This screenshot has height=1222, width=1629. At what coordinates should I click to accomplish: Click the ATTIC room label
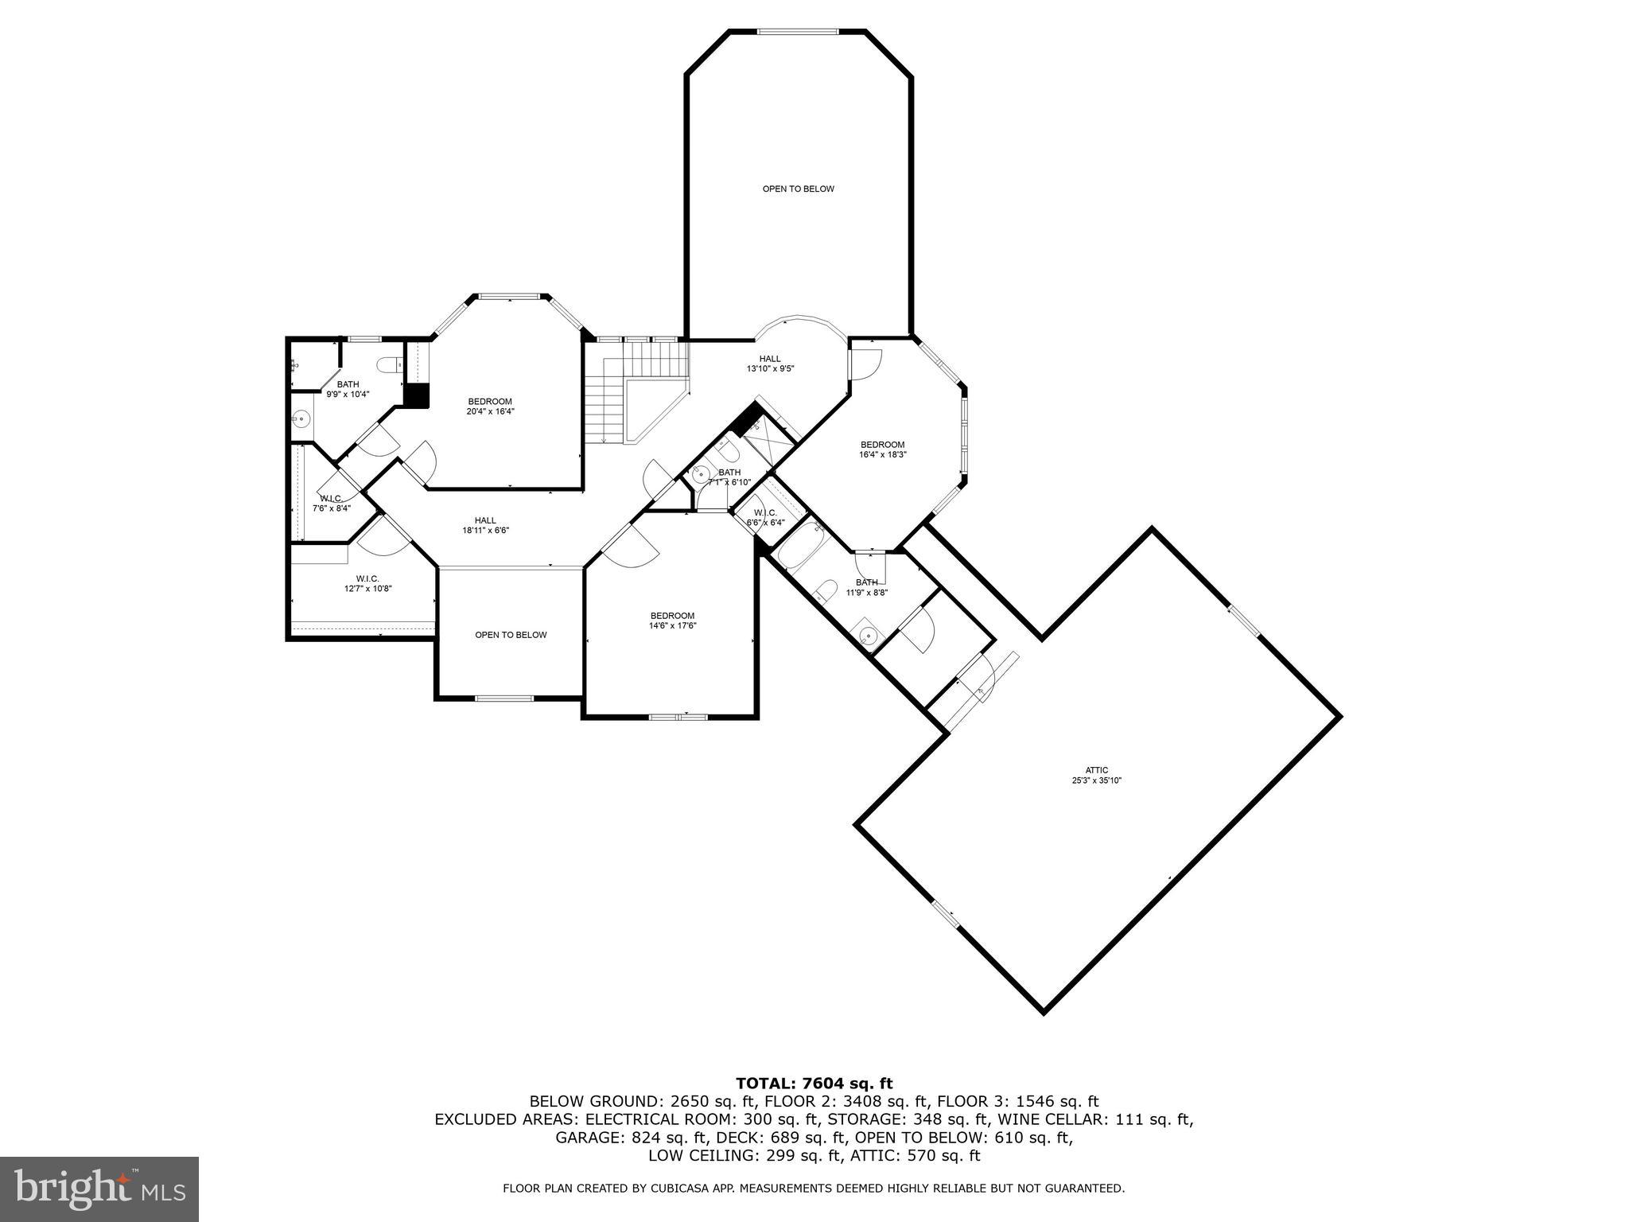point(1097,770)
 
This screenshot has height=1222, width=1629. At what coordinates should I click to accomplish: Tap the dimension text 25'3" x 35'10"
point(1097,780)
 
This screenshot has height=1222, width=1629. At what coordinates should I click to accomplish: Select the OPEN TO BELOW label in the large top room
point(798,189)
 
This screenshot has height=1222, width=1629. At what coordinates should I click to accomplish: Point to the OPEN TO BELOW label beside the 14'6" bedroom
point(511,635)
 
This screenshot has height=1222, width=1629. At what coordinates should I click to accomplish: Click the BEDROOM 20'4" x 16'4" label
point(489,406)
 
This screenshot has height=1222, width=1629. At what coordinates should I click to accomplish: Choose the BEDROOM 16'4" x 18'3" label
point(882,449)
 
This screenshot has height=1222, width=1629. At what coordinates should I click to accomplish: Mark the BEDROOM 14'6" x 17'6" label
point(672,621)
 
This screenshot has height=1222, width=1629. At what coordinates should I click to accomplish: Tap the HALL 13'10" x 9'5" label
point(770,364)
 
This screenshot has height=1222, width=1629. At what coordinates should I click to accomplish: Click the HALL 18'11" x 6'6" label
point(485,525)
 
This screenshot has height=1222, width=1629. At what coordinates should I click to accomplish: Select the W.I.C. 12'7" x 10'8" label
point(367,583)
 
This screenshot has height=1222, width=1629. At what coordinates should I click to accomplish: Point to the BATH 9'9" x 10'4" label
point(348,389)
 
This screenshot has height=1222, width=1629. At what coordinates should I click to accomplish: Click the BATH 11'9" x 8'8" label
point(866,587)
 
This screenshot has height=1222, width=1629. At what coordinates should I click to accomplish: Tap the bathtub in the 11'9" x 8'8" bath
point(802,545)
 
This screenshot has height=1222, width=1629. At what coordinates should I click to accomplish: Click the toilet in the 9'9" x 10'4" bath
point(390,365)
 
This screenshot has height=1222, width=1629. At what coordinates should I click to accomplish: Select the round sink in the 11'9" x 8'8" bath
point(869,636)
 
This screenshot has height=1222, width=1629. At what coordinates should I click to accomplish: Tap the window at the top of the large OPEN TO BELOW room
point(797,32)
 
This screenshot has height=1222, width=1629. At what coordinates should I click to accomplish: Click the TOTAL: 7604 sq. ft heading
point(814,1083)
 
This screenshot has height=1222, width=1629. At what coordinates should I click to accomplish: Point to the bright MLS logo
point(99,1189)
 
